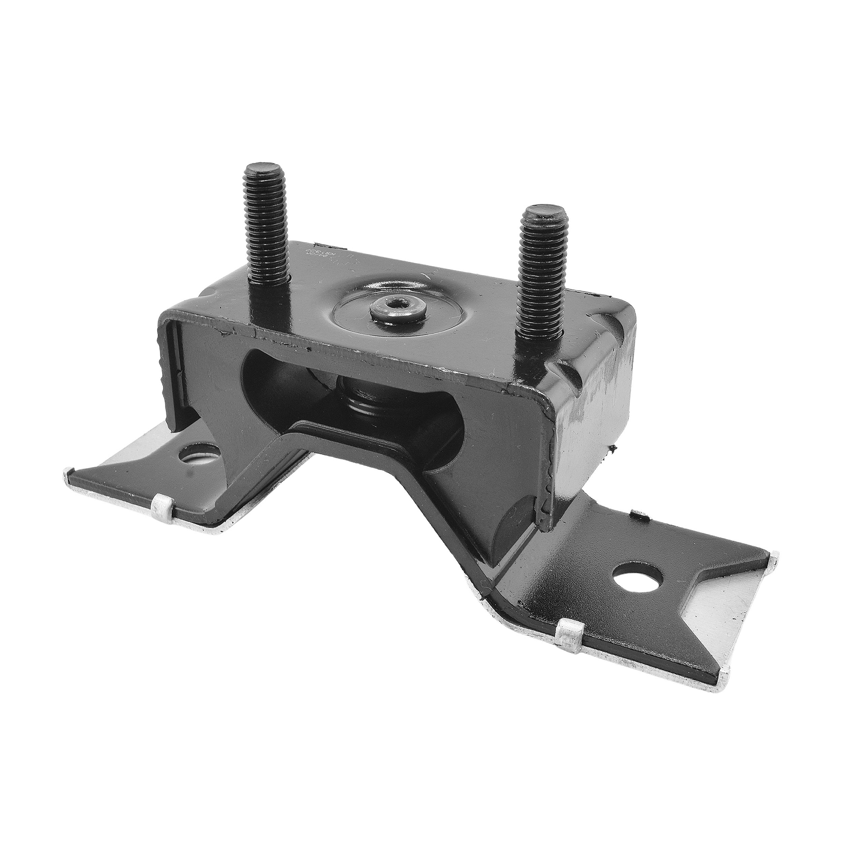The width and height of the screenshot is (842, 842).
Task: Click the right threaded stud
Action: pyautogui.click(x=542, y=279)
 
